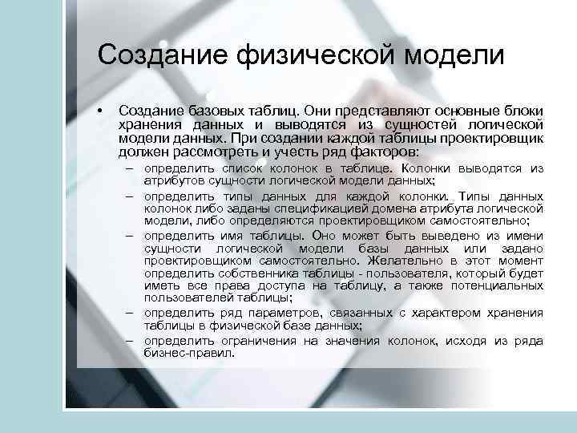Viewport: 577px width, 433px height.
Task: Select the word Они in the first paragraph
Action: (x=324, y=111)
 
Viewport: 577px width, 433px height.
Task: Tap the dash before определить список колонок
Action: (x=130, y=168)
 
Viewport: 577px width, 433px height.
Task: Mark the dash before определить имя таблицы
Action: (x=130, y=236)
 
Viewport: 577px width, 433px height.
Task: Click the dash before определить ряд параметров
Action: (x=130, y=312)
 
